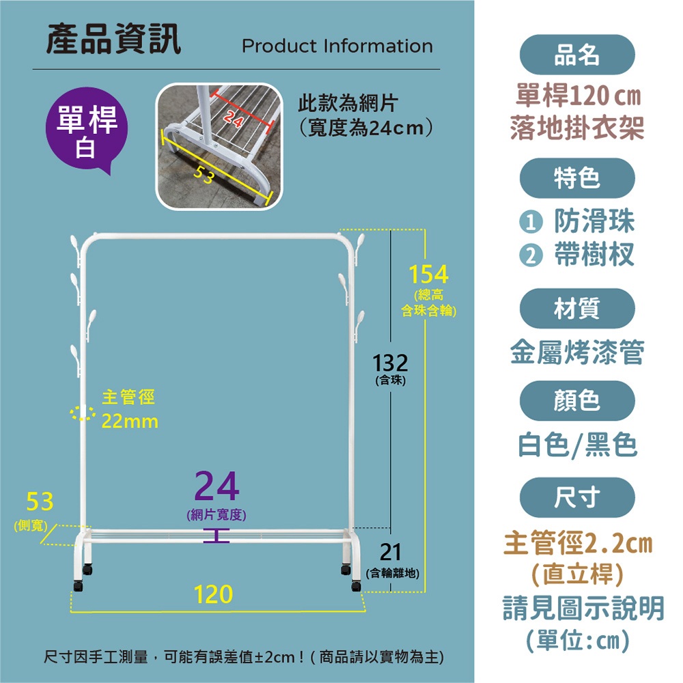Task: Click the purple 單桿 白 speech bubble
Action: point(87,129)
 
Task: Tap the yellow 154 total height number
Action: point(429,275)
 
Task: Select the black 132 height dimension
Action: point(390,363)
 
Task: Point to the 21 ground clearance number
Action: point(390,552)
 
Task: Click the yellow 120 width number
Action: point(213,594)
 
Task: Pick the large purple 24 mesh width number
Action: point(217,486)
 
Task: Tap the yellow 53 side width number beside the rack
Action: point(40,501)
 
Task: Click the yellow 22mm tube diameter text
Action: point(130,421)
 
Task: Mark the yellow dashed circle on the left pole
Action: point(83,413)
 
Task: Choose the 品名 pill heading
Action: point(577,55)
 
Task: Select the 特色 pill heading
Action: point(577,178)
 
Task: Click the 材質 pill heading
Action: point(577,309)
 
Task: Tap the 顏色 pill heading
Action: point(577,401)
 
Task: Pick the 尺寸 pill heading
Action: point(577,497)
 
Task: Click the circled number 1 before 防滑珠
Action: point(531,223)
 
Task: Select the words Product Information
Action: point(337,46)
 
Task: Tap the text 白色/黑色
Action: point(578,445)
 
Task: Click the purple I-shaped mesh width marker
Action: point(217,536)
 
